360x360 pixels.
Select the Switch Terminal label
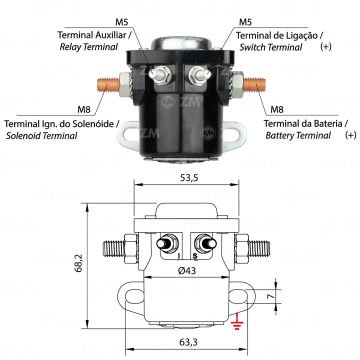point(268,45)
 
